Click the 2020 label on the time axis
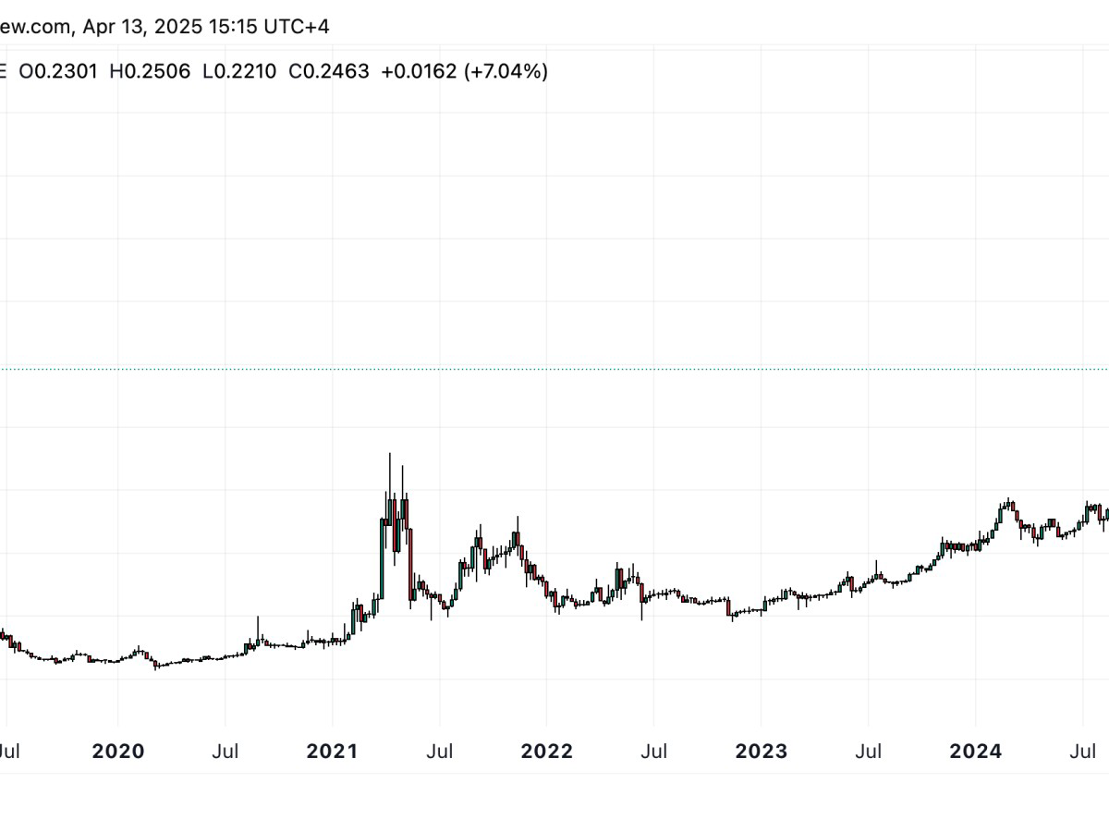pyautogui.click(x=118, y=752)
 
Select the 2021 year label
pyautogui.click(x=333, y=752)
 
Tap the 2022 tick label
pyautogui.click(x=546, y=752)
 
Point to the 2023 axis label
pyautogui.click(x=761, y=752)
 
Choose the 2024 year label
pyautogui.click(x=975, y=752)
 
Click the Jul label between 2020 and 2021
pyautogui.click(x=225, y=752)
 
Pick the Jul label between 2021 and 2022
pyautogui.click(x=440, y=752)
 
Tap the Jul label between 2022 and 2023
pyautogui.click(x=653, y=752)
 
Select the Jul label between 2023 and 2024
pyautogui.click(x=868, y=752)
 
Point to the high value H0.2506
pyautogui.click(x=150, y=71)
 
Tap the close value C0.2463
pyautogui.click(x=329, y=71)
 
